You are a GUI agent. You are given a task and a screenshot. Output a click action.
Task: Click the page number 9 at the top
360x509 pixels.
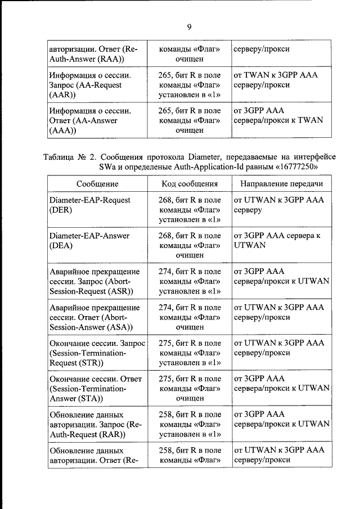click(x=189, y=26)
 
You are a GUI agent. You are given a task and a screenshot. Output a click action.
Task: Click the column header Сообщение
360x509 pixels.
click(x=96, y=184)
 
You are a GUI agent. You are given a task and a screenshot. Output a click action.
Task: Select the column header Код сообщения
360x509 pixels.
click(x=190, y=184)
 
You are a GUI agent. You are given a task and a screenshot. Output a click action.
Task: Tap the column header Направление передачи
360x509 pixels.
click(x=281, y=184)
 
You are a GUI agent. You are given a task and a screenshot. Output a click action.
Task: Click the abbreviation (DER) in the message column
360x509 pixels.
click(x=61, y=210)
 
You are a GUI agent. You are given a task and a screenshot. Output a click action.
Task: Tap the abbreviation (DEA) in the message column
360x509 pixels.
click(x=61, y=245)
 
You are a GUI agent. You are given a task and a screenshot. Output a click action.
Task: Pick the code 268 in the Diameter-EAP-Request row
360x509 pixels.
click(x=165, y=200)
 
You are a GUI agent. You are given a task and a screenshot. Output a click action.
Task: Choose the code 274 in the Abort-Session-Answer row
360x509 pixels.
click(x=165, y=307)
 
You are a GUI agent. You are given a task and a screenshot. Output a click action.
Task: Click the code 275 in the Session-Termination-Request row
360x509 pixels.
click(x=165, y=343)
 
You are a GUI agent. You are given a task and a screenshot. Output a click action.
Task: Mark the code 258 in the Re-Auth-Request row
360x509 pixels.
click(x=165, y=414)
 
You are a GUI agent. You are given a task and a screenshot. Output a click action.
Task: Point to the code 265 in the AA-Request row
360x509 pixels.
click(x=165, y=75)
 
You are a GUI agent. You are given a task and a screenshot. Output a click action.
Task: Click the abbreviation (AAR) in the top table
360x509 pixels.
click(x=61, y=95)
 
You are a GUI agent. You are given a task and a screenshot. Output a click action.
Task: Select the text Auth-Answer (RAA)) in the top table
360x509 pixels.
click(x=85, y=60)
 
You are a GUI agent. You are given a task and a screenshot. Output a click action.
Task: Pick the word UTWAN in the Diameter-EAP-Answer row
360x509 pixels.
click(x=247, y=245)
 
